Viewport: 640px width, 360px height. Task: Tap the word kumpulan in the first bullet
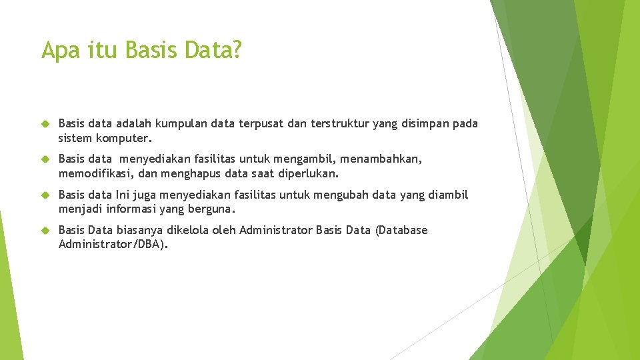(181, 123)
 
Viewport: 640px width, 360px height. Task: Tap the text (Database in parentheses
(401, 230)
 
